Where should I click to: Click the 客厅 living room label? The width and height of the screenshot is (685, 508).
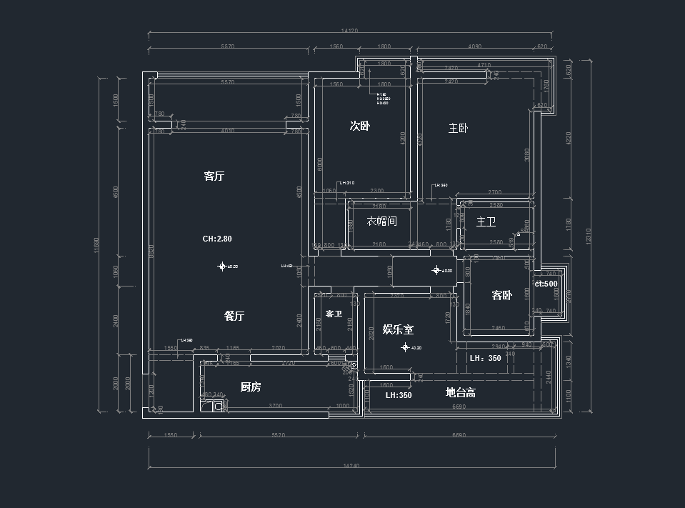214,176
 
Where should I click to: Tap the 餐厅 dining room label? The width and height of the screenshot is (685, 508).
234,317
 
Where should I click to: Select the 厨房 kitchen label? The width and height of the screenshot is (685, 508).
250,387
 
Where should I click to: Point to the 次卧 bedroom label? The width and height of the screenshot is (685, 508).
359,126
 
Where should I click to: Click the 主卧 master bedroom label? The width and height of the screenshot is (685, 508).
458,129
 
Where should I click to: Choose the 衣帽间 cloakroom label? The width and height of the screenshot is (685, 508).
381,221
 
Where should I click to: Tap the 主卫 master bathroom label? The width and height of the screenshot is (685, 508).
486,222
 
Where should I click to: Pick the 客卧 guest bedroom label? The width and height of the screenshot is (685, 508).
501,296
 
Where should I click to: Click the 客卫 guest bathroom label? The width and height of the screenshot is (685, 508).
334,314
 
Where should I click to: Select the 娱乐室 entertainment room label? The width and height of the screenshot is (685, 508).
398,329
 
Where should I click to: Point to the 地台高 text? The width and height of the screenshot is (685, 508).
461,393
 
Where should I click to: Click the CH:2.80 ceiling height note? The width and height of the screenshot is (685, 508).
217,239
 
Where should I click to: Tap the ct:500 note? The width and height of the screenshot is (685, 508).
546,284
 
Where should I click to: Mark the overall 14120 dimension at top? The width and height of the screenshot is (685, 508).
349,31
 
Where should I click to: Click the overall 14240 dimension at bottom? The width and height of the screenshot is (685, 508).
349,465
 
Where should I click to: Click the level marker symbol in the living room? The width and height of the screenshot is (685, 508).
222,267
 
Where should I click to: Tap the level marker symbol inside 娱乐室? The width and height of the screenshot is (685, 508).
405,348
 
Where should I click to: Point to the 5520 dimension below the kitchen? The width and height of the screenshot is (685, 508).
279,434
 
